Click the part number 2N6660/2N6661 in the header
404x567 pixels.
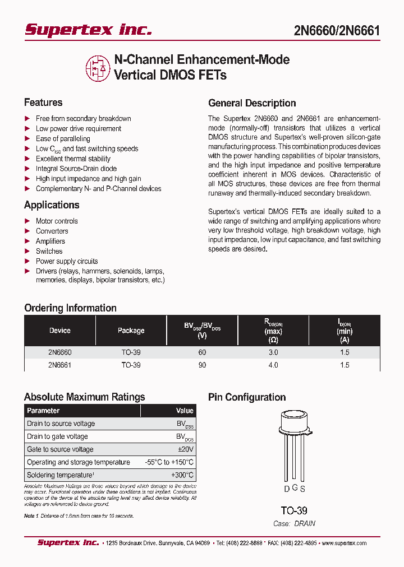[337, 30]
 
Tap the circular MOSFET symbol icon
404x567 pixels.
[98, 67]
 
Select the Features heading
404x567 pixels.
[43, 103]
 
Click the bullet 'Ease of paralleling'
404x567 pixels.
[63, 138]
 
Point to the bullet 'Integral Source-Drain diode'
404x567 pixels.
[76, 169]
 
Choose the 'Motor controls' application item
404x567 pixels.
[57, 221]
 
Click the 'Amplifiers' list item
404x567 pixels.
[50, 241]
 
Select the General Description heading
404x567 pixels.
[252, 103]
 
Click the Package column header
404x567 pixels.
[131, 331]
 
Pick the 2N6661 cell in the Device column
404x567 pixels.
[59, 365]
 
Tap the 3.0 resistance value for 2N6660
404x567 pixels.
[273, 352]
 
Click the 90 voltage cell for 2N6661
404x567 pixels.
[202, 365]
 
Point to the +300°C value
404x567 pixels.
[182, 475]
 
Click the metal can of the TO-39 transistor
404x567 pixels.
[295, 427]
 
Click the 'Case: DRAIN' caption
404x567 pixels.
[294, 523]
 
